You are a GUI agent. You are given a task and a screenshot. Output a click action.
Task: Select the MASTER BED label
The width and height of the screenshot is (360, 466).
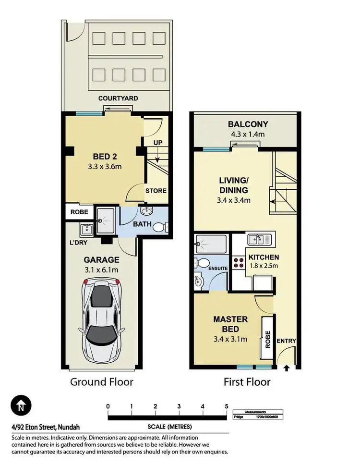[x=230, y=320]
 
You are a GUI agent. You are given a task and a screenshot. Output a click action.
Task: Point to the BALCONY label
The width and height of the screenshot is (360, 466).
[x=248, y=124]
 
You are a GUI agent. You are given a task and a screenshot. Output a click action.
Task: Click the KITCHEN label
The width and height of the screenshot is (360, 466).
[x=264, y=257]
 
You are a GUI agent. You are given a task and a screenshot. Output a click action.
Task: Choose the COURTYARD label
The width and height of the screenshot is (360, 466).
[x=118, y=98]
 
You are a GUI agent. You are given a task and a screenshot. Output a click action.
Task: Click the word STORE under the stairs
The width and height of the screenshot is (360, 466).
[x=156, y=191]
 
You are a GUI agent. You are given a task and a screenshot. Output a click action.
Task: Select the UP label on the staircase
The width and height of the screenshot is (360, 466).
[x=157, y=143]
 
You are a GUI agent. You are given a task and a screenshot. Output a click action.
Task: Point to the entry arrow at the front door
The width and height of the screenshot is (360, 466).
[x=287, y=369]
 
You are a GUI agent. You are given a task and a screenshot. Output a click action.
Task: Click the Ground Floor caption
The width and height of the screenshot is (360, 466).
[x=101, y=382]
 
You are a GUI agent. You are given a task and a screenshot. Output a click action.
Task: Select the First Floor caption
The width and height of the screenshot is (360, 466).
[x=247, y=382]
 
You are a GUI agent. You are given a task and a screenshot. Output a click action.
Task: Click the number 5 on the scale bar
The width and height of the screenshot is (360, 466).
[x=226, y=406]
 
